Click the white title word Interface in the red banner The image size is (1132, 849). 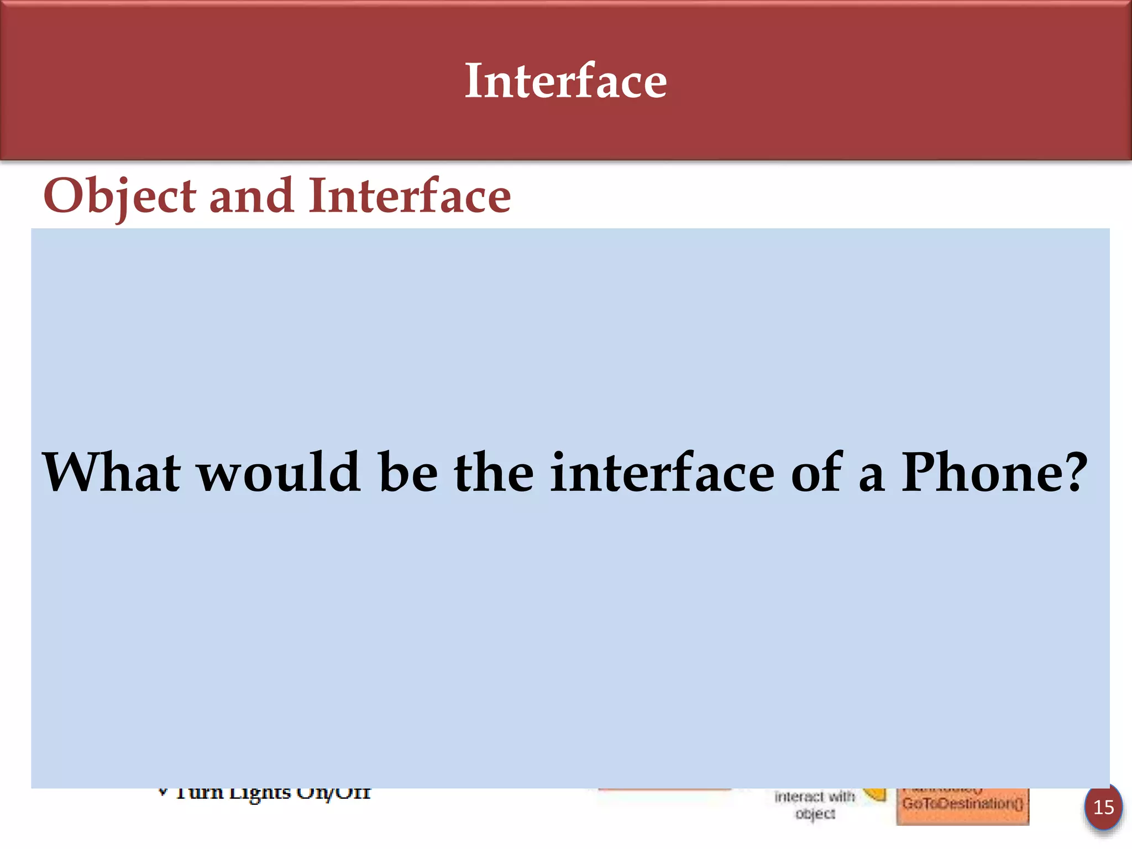565,82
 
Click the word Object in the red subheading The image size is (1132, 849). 119,197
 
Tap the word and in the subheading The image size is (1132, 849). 251,196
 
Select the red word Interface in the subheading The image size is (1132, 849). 410,196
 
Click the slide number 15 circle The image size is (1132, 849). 1103,808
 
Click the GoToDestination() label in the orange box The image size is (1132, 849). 962,803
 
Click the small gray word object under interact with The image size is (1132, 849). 815,814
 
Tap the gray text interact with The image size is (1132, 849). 815,796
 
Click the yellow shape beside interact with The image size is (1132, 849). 876,794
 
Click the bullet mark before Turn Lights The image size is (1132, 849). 163,792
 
